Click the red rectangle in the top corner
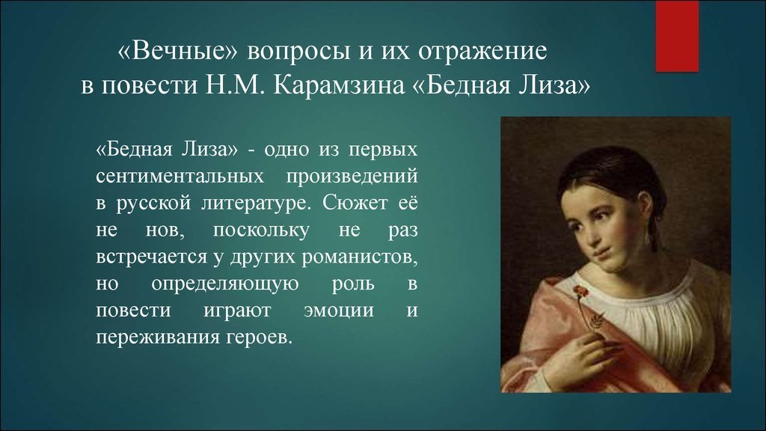(676, 36)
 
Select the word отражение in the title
(482, 52)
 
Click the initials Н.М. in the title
(235, 85)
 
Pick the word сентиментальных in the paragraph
(180, 176)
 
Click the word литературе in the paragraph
(256, 204)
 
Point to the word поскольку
(261, 230)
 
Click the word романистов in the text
(360, 257)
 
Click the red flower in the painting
(580, 291)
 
